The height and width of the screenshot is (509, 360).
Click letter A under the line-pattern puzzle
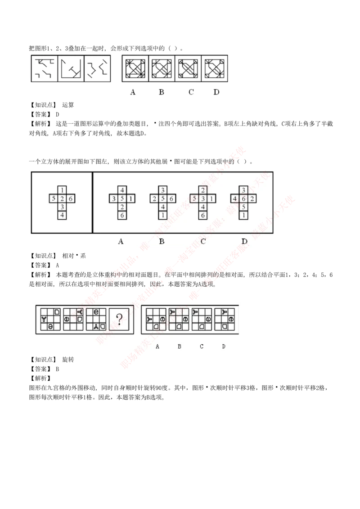click(133, 92)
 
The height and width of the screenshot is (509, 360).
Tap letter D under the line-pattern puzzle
click(216, 92)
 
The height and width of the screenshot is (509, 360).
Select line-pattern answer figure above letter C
click(188, 69)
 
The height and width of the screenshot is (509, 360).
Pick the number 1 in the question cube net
click(63, 189)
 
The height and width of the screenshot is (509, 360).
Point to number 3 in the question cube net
click(63, 207)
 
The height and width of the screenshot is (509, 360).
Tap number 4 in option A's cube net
click(121, 189)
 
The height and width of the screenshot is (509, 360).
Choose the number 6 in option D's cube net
click(243, 198)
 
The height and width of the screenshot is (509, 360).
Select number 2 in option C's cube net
click(203, 189)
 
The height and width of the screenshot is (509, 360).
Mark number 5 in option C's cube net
click(195, 198)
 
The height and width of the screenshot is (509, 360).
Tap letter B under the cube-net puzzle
click(162, 242)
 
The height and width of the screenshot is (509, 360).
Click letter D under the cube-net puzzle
click(244, 242)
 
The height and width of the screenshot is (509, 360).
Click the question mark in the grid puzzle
click(119, 320)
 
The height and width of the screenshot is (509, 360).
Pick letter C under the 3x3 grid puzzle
click(202, 347)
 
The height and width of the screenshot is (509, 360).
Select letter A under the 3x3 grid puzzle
click(157, 347)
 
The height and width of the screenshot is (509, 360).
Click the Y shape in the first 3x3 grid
click(44, 319)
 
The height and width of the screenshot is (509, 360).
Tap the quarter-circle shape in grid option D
click(224, 326)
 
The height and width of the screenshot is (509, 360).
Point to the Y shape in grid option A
click(149, 319)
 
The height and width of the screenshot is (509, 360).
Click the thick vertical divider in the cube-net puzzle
click(92, 202)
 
